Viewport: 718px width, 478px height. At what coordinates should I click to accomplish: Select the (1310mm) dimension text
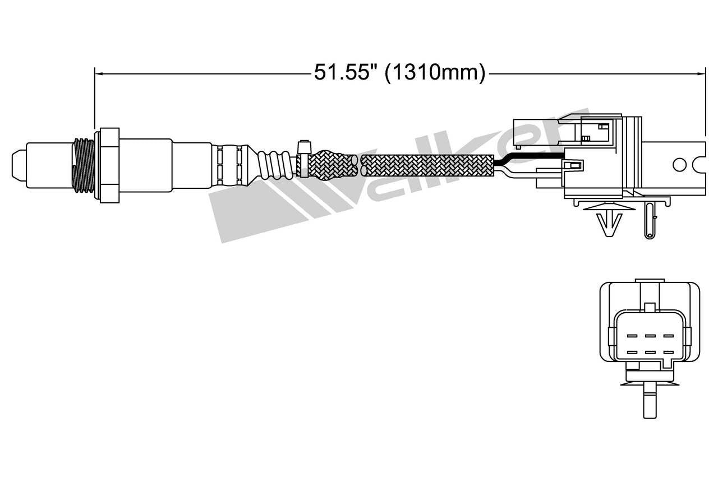(x=435, y=73)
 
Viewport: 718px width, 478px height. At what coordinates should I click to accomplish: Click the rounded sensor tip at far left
(x=19, y=165)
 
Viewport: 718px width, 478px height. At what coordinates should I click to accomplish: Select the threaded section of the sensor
(x=84, y=166)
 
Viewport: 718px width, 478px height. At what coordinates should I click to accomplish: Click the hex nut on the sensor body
(x=109, y=165)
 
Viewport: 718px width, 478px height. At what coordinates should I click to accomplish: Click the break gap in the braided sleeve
(x=360, y=165)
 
